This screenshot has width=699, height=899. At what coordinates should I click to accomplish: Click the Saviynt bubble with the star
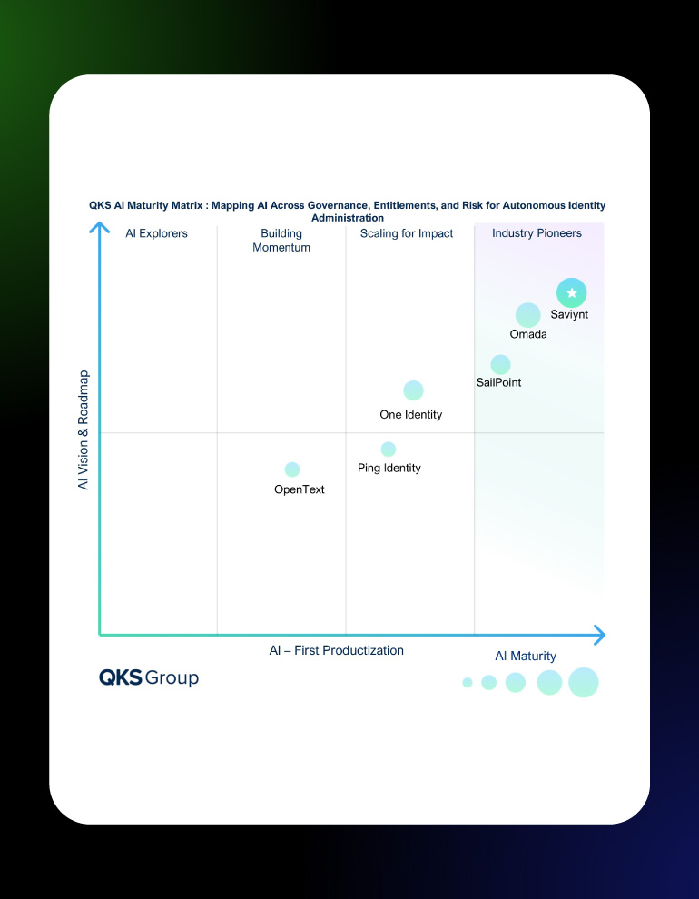pyautogui.click(x=572, y=293)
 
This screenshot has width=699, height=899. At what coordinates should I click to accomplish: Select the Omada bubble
pyautogui.click(x=528, y=315)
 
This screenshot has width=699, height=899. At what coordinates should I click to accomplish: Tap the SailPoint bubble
pyautogui.click(x=500, y=364)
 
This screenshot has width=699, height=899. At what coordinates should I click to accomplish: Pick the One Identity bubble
pyautogui.click(x=413, y=390)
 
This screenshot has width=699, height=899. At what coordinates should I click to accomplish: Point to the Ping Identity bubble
pyautogui.click(x=389, y=449)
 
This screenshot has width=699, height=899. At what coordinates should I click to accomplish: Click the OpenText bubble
pyautogui.click(x=292, y=469)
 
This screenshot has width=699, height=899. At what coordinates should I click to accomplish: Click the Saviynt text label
pyautogui.click(x=569, y=315)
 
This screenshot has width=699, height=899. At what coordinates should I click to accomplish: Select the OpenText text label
pyautogui.click(x=299, y=489)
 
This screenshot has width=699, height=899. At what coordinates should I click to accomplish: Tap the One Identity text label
pyautogui.click(x=410, y=415)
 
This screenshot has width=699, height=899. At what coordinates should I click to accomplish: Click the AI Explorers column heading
pyautogui.click(x=156, y=233)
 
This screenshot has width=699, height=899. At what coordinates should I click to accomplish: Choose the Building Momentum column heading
pyautogui.click(x=281, y=241)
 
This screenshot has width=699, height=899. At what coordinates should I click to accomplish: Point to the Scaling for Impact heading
pyautogui.click(x=407, y=233)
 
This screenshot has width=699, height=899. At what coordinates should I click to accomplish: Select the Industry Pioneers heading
pyautogui.click(x=537, y=233)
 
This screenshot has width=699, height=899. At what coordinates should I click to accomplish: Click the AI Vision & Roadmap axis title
pyautogui.click(x=84, y=430)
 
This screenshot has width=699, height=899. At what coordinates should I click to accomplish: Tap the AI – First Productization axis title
pyautogui.click(x=337, y=650)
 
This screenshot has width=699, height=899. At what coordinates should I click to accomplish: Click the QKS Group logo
pyautogui.click(x=149, y=678)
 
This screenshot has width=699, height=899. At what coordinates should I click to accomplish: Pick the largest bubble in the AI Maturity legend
pyautogui.click(x=584, y=682)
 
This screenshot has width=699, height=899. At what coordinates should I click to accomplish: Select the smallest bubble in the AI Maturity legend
pyautogui.click(x=468, y=682)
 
